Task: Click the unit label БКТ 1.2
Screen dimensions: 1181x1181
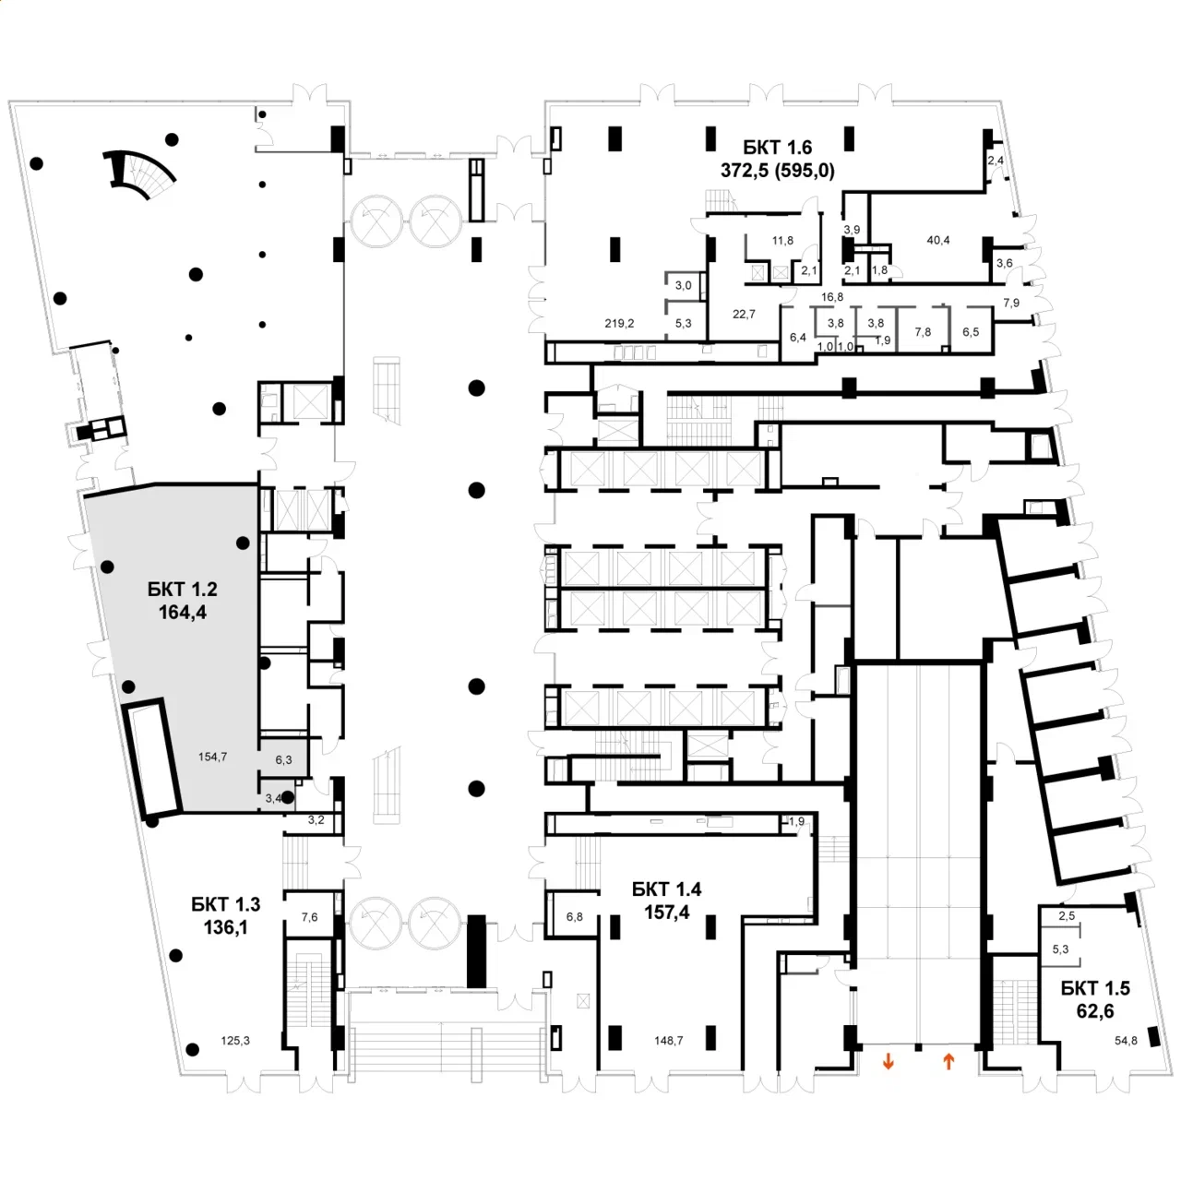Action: point(182,589)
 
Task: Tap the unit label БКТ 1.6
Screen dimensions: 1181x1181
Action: point(777,148)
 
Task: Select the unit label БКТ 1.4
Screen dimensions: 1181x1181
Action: point(666,889)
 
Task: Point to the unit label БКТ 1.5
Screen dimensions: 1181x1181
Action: point(1095,988)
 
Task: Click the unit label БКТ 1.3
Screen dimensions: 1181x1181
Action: point(226,904)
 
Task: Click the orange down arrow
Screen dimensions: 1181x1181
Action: point(889,1062)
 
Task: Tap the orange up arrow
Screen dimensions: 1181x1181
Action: point(948,1062)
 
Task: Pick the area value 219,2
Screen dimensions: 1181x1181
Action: point(619,324)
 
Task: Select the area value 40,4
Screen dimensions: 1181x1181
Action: point(938,241)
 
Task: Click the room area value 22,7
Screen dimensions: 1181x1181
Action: point(744,314)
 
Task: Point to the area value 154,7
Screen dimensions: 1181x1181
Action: point(212,757)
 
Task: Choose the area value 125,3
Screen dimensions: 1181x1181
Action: point(235,1041)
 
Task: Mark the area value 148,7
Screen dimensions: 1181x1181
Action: point(668,1041)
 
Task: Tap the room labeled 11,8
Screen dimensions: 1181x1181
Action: point(782,241)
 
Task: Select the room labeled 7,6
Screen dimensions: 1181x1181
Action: point(310,917)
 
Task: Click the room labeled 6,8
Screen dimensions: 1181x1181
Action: point(574,917)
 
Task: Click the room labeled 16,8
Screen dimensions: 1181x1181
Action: point(832,297)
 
